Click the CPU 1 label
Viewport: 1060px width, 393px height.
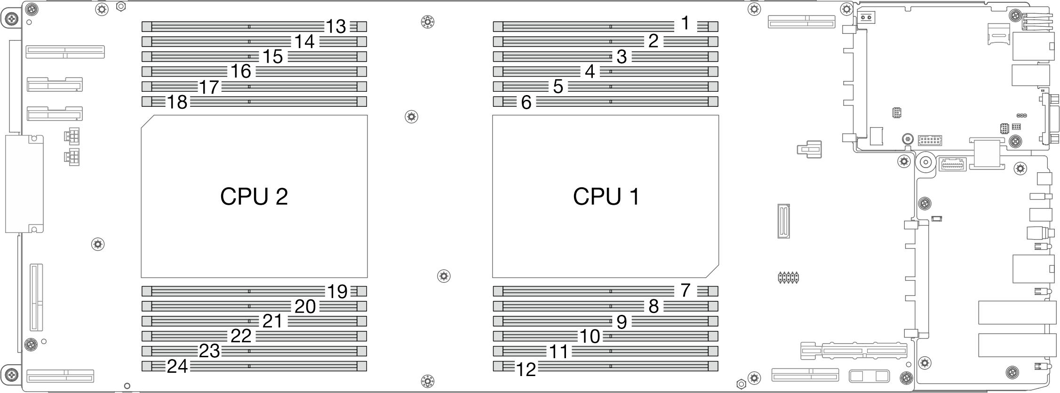click(x=606, y=197)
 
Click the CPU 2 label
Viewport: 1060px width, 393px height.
click(x=254, y=197)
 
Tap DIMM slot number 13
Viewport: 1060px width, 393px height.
click(x=336, y=27)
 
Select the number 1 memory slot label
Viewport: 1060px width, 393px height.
click(x=685, y=23)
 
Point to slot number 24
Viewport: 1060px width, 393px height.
click(x=178, y=366)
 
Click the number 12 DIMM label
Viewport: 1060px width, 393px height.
click(x=526, y=370)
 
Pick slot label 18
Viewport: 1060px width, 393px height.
click(x=178, y=102)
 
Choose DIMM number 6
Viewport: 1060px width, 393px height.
click(x=526, y=102)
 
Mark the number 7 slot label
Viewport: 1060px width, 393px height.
click(x=685, y=290)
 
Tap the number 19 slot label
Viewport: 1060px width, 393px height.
click(x=337, y=292)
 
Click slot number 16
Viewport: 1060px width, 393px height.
click(x=241, y=72)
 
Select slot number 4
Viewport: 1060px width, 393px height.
click(x=590, y=72)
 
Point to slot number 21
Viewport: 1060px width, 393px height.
click(x=273, y=321)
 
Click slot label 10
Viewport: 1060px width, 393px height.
click(x=590, y=337)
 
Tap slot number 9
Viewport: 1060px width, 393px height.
click(x=622, y=322)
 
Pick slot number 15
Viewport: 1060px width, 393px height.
click(x=273, y=57)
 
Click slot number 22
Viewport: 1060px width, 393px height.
click(x=241, y=336)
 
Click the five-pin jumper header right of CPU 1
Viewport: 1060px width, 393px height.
click(x=788, y=277)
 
